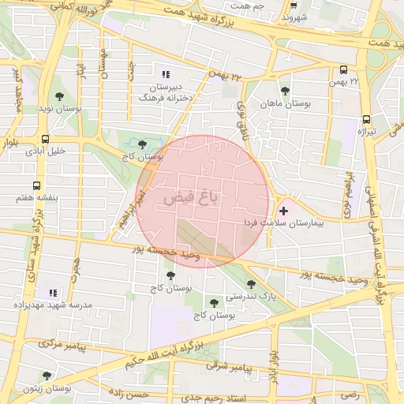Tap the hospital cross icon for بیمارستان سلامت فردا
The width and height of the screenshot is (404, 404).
pos(283,212)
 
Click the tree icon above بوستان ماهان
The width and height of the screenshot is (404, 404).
pos(285,90)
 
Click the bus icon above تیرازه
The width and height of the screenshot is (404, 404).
pos(366,120)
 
